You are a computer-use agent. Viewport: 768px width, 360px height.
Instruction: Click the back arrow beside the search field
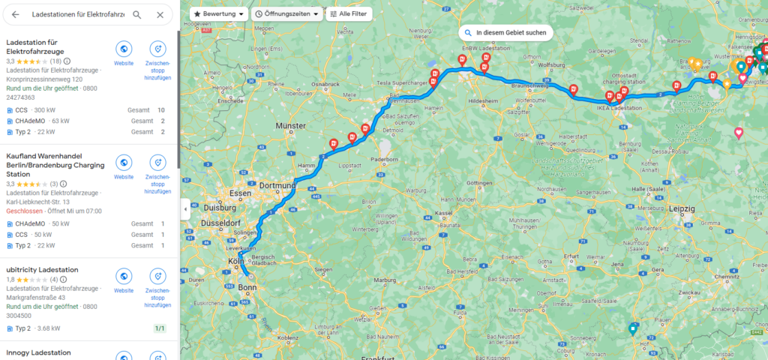(15, 14)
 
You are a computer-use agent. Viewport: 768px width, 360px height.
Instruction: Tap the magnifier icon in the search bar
(137, 14)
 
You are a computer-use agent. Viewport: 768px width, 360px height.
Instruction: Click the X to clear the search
(160, 14)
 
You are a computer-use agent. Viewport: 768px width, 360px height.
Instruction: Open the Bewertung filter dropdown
(220, 14)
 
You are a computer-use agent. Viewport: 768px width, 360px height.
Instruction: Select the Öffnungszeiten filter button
(286, 14)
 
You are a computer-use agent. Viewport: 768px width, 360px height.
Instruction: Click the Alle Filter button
(348, 14)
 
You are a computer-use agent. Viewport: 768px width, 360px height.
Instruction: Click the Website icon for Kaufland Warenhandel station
(124, 163)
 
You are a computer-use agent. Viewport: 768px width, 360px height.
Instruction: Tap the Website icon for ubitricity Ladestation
(124, 275)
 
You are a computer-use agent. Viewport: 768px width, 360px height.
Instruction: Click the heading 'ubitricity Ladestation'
(43, 268)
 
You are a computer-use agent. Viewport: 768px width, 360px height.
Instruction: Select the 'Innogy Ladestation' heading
(38, 352)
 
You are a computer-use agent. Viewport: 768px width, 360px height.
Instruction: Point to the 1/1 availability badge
(159, 328)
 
